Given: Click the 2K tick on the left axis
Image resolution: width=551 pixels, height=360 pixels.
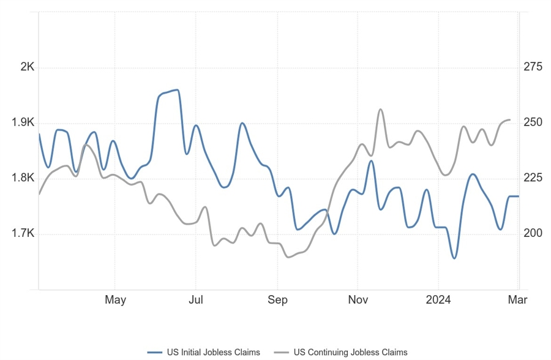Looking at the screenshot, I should pos(27,67).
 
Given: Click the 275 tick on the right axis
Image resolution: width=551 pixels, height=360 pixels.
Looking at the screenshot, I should pos(533,67).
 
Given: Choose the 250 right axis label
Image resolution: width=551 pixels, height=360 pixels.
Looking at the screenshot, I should pos(533,122).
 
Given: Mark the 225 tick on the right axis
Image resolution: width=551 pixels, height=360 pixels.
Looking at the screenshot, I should pos(533,178).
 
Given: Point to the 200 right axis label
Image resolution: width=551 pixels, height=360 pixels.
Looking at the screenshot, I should pos(533,234).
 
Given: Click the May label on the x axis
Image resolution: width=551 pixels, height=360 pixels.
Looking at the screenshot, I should pos(115,300).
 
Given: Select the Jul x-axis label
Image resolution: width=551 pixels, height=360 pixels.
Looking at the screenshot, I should pos(195,300).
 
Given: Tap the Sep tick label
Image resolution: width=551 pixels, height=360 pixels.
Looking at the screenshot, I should pos(277,300).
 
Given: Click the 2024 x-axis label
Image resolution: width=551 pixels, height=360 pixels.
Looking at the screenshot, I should pos(438,300).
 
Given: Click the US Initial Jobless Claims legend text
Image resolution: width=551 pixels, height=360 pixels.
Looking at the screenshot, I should pos(213,352).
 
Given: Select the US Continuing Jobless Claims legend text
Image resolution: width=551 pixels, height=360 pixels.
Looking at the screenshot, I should pos(350,352).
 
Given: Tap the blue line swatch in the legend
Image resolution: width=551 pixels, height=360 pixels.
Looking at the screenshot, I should pos(156,352).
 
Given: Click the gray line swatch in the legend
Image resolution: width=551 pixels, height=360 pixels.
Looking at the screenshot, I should pos(281,352).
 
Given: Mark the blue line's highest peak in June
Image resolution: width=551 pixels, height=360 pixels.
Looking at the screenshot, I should pos(176,90).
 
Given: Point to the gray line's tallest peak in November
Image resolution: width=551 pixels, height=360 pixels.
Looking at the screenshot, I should pos(380,110).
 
